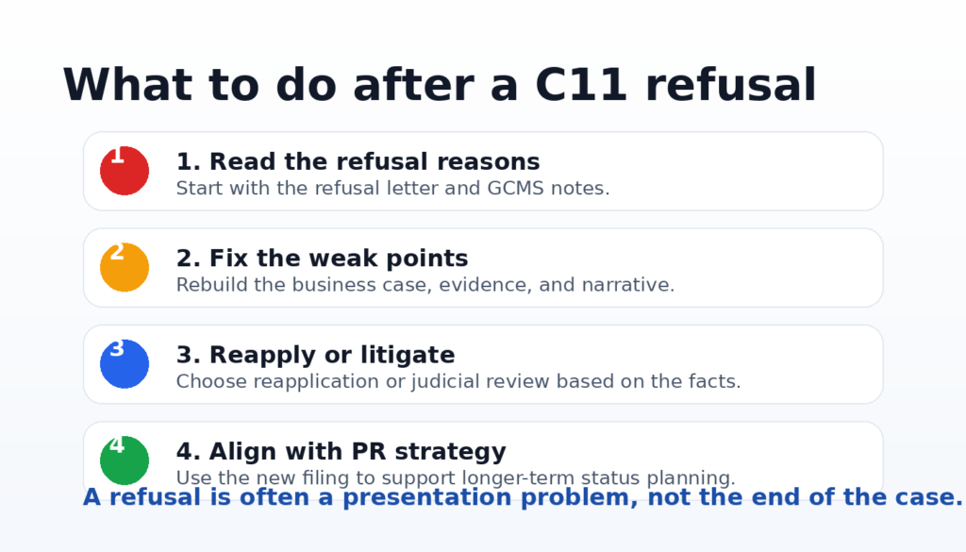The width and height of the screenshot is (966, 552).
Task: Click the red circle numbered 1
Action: [125, 171]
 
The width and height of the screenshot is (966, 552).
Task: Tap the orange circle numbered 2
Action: [125, 267]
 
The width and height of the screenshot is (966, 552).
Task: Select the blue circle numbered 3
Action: [125, 364]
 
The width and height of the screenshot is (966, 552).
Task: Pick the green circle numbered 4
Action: [125, 460]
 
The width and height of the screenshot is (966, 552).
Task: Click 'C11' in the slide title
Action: [581, 84]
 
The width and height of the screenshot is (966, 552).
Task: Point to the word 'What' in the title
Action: [127, 84]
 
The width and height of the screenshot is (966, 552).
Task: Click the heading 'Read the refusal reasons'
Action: [375, 161]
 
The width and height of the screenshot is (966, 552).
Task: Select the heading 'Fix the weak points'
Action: [339, 259]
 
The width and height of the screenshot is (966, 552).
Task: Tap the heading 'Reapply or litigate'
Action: [332, 355]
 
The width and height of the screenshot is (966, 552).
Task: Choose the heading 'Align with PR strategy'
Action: [358, 452]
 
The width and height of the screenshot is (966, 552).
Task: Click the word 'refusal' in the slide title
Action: [731, 84]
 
